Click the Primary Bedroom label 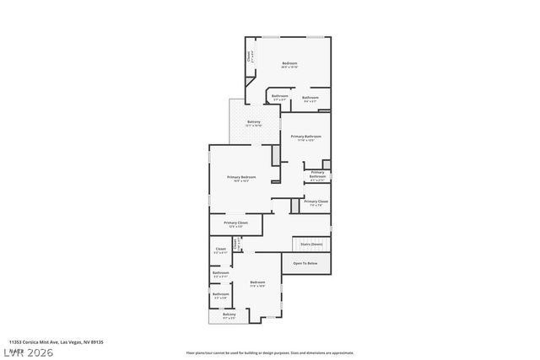pyautogui.click(x=241, y=176)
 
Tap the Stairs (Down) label pyautogui.click(x=311, y=244)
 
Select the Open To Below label pyautogui.click(x=305, y=264)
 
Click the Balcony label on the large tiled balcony pyautogui.click(x=254, y=121)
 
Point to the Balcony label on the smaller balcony pyautogui.click(x=229, y=314)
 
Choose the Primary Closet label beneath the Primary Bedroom pyautogui.click(x=235, y=223)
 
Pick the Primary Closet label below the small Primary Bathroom pyautogui.click(x=316, y=201)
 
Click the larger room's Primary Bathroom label pyautogui.click(x=306, y=136)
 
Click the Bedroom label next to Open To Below pyautogui.click(x=258, y=282)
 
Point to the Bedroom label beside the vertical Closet pyautogui.click(x=289, y=63)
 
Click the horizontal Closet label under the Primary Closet pyautogui.click(x=220, y=248)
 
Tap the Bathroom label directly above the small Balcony pyautogui.click(x=220, y=293)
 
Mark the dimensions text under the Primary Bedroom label pyautogui.click(x=241, y=181)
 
